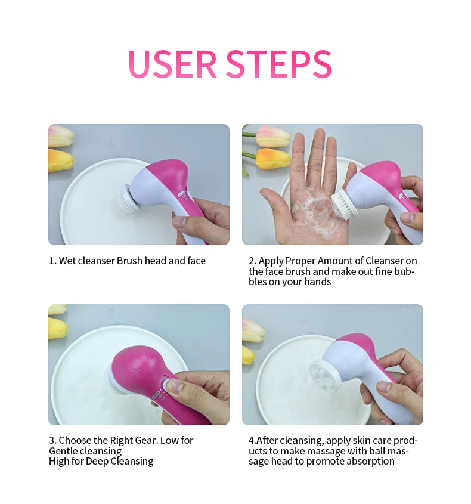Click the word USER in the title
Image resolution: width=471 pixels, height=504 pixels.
pos(172,64)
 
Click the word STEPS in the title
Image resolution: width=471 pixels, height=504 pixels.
pos(279,64)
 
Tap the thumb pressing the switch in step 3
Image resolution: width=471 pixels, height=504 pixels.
pos(174,386)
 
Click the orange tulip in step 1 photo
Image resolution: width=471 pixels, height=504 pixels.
pos(60,160)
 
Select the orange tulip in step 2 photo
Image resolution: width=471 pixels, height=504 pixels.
pos(272,158)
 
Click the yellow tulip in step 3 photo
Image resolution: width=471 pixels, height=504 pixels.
pos(57,327)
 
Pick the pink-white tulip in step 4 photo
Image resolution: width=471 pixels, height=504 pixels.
pos(253,329)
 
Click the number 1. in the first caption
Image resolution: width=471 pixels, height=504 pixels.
pos(52,261)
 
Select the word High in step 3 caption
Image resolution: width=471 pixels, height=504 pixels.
pos(59,461)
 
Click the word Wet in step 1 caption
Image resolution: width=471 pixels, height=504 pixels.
pos(67,261)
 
